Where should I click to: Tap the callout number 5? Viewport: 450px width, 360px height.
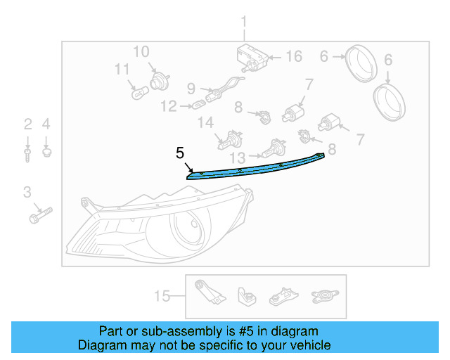pyautogui.click(x=180, y=152)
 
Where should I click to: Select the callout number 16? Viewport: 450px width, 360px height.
pyautogui.click(x=293, y=56)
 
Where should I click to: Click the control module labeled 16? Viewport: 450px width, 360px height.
pyautogui.click(x=250, y=56)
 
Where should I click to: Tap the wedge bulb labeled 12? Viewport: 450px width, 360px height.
pyautogui.click(x=198, y=106)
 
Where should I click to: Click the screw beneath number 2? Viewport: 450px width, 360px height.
pyautogui.click(x=27, y=153)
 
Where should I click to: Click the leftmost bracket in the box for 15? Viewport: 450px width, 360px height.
pyautogui.click(x=209, y=292)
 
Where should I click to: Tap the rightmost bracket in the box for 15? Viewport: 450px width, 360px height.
pyautogui.click(x=324, y=295)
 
